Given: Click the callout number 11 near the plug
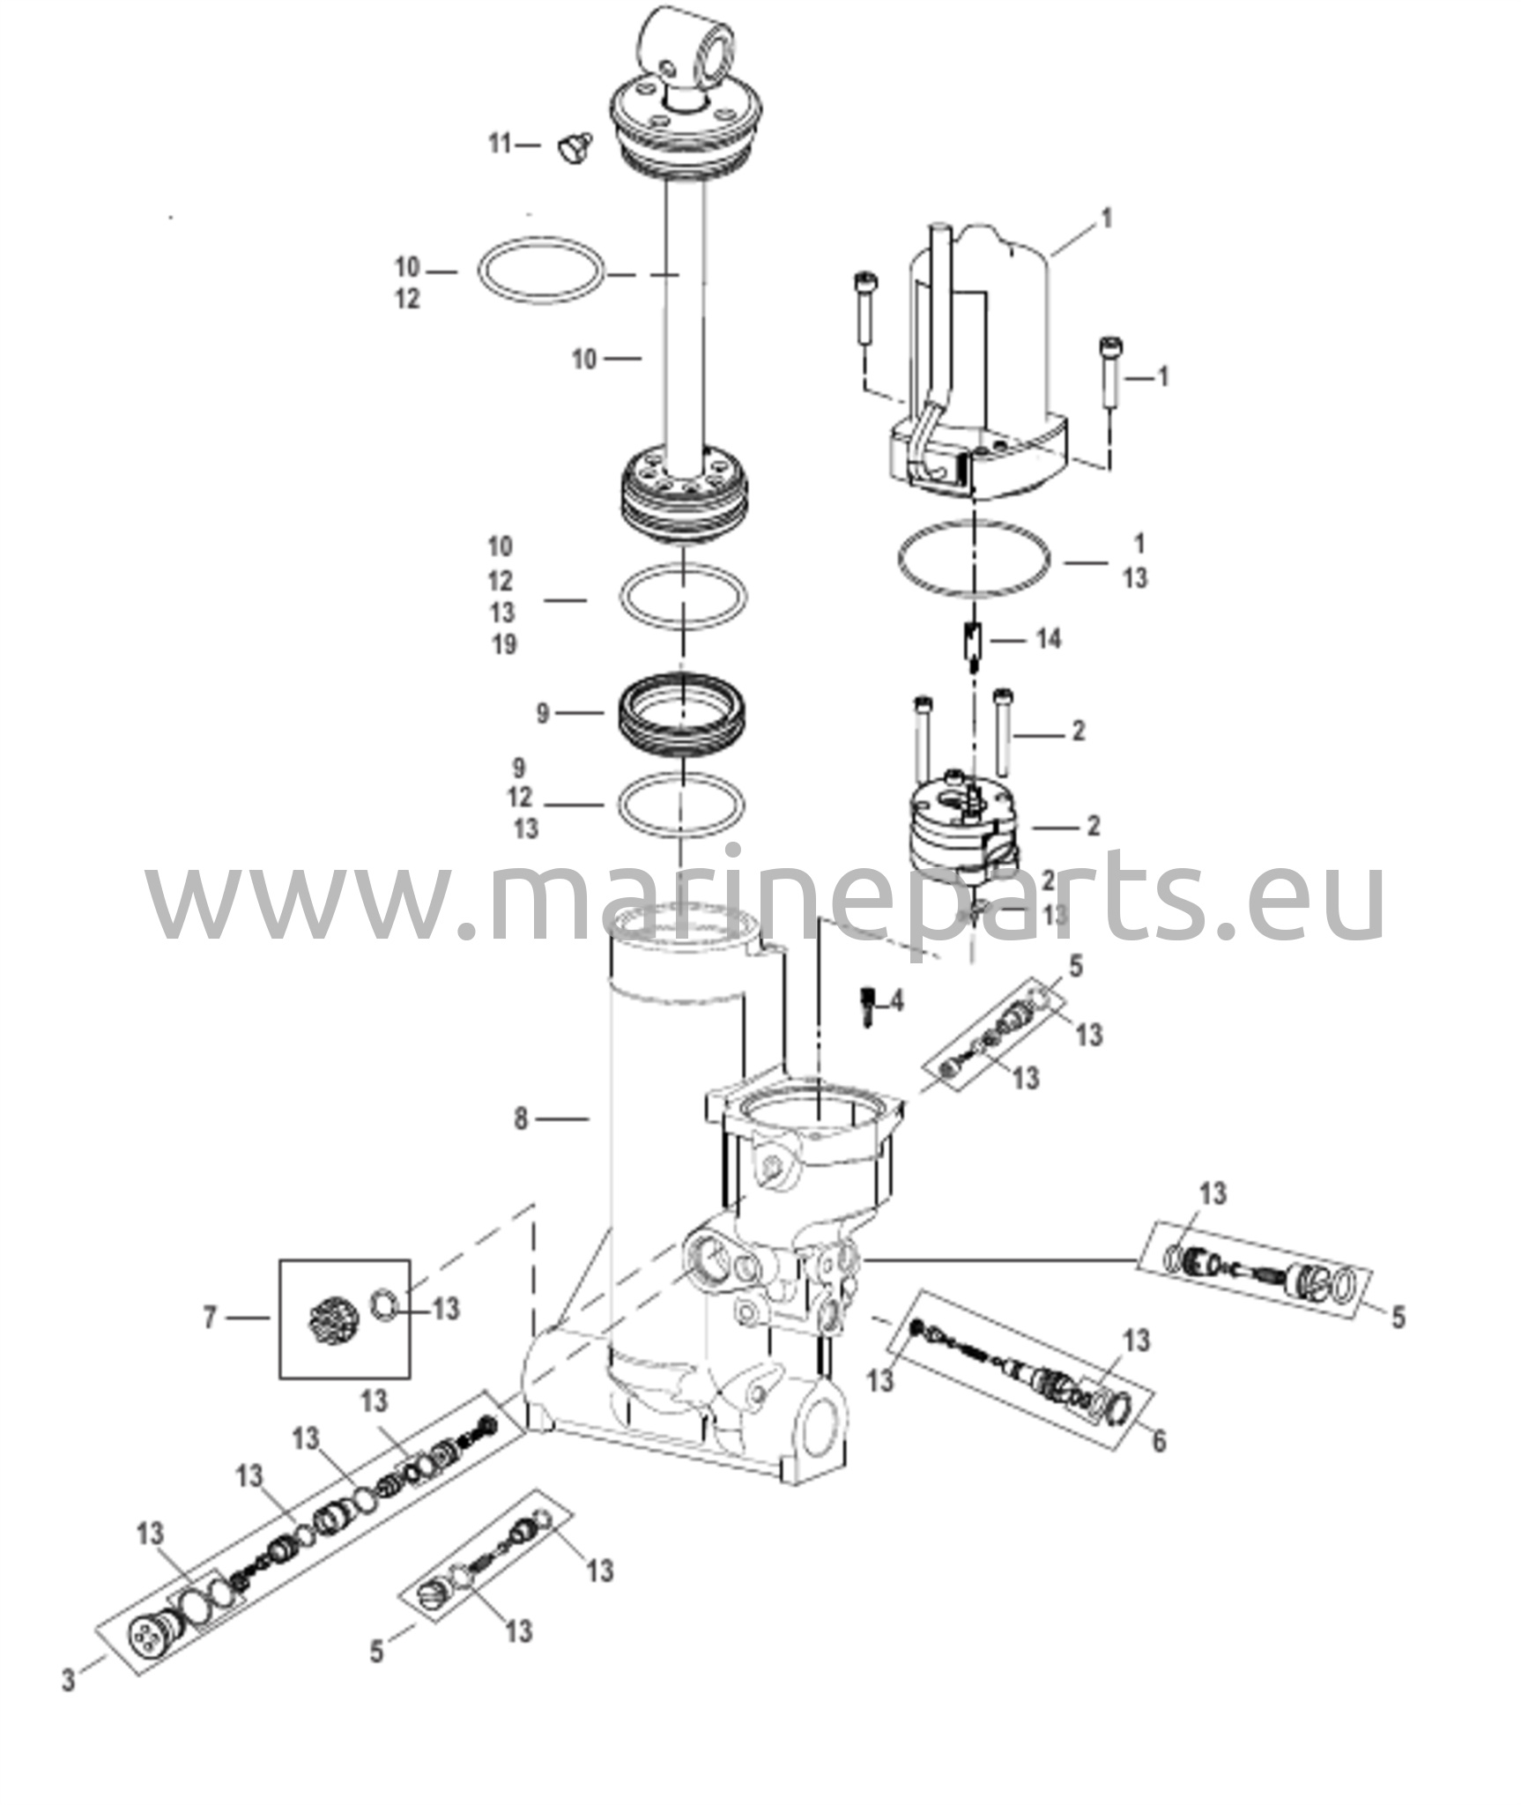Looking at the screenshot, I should click(x=500, y=144).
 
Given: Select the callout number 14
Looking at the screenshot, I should click(x=1048, y=638).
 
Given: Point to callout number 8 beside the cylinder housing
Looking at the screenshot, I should click(x=521, y=1119).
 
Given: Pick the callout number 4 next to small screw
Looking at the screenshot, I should click(x=896, y=1001).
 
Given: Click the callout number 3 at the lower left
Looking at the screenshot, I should click(x=69, y=1681).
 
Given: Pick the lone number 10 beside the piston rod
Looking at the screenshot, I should click(x=584, y=359).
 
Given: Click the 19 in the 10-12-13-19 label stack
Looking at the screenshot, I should click(x=503, y=644).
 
